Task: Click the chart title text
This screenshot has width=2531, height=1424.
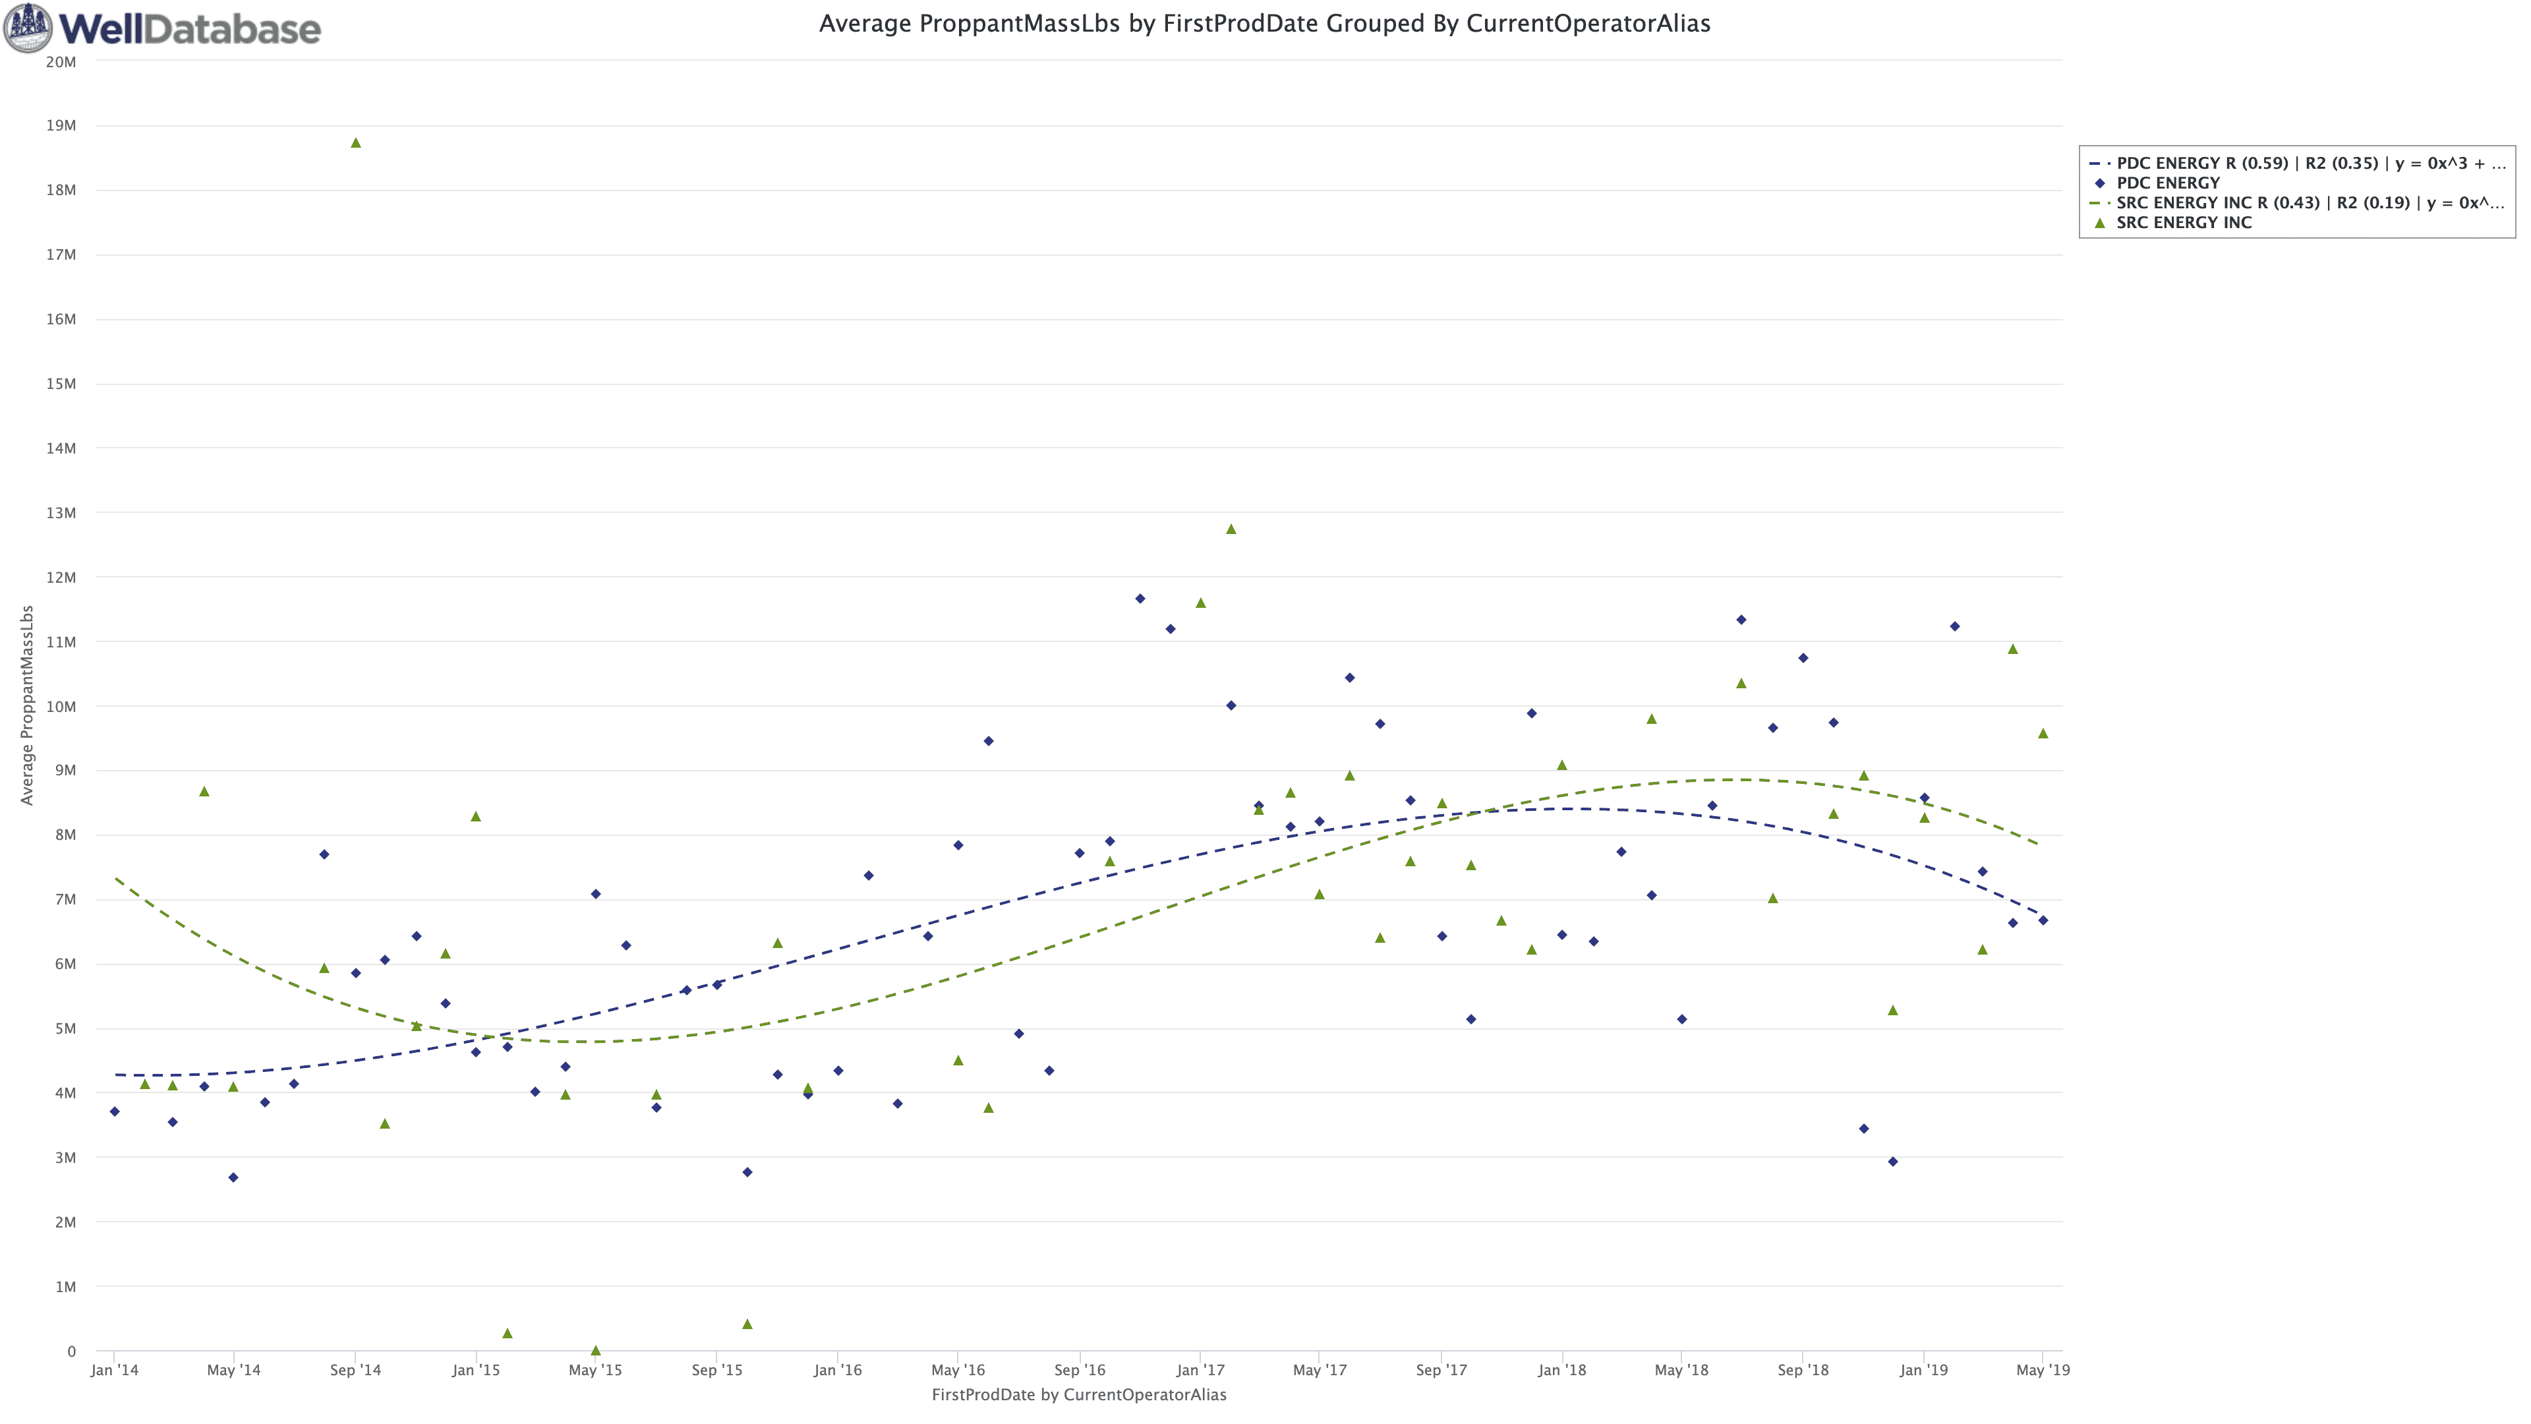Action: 1265,24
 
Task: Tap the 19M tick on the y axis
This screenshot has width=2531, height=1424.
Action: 61,126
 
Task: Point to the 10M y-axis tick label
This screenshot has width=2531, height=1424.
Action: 61,707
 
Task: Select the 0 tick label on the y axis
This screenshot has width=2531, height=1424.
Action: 71,1351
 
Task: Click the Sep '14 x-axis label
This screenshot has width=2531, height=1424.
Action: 356,1370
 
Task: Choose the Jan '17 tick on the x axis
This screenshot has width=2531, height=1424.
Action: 1201,1370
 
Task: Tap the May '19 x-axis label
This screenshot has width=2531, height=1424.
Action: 2043,1370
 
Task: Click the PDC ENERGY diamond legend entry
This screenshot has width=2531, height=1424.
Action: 2167,183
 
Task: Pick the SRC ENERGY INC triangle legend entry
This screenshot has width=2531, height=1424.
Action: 2183,222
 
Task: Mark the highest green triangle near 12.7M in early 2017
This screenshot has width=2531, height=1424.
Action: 1231,529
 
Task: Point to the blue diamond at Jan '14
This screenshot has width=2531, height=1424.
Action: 115,1112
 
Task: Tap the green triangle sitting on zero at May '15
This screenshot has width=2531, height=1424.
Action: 595,1350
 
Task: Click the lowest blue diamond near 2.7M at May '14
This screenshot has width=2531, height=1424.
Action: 233,1177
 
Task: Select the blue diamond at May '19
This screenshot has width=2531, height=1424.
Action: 2043,921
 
